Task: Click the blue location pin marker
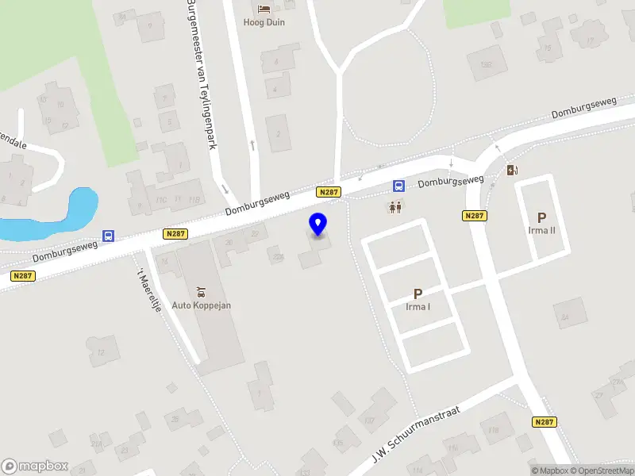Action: [318, 225]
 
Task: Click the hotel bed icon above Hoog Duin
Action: [264, 9]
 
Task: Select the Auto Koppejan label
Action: [202, 305]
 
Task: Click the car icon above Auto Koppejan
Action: [201, 291]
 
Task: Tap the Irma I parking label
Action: [418, 307]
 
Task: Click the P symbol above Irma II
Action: [542, 217]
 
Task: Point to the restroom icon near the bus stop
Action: [395, 207]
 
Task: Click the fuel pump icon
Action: [512, 170]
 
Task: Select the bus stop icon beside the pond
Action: [108, 236]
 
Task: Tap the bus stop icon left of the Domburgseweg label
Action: [398, 186]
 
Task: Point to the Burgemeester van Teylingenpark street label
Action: [201, 75]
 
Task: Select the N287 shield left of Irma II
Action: [475, 216]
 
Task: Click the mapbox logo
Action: [35, 466]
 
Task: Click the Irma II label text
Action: [542, 231]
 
